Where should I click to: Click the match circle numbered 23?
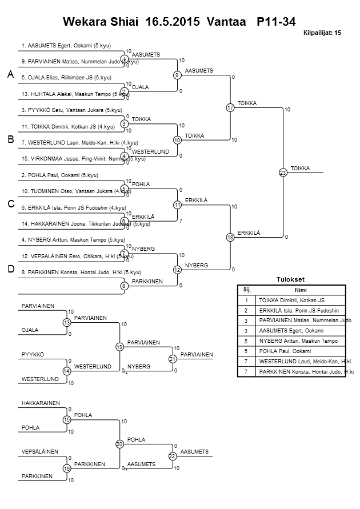click(x=283, y=173)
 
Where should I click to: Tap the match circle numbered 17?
click(x=230, y=107)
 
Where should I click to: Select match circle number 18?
click(x=230, y=237)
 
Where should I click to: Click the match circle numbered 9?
click(x=177, y=75)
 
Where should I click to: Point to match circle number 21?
click(x=172, y=359)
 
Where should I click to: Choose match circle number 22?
click(x=172, y=455)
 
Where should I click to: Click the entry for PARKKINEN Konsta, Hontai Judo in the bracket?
click(x=81, y=272)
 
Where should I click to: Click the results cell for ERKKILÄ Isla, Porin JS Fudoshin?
click(x=299, y=310)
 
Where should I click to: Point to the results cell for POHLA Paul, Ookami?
click(x=283, y=351)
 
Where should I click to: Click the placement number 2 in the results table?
click(x=246, y=310)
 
